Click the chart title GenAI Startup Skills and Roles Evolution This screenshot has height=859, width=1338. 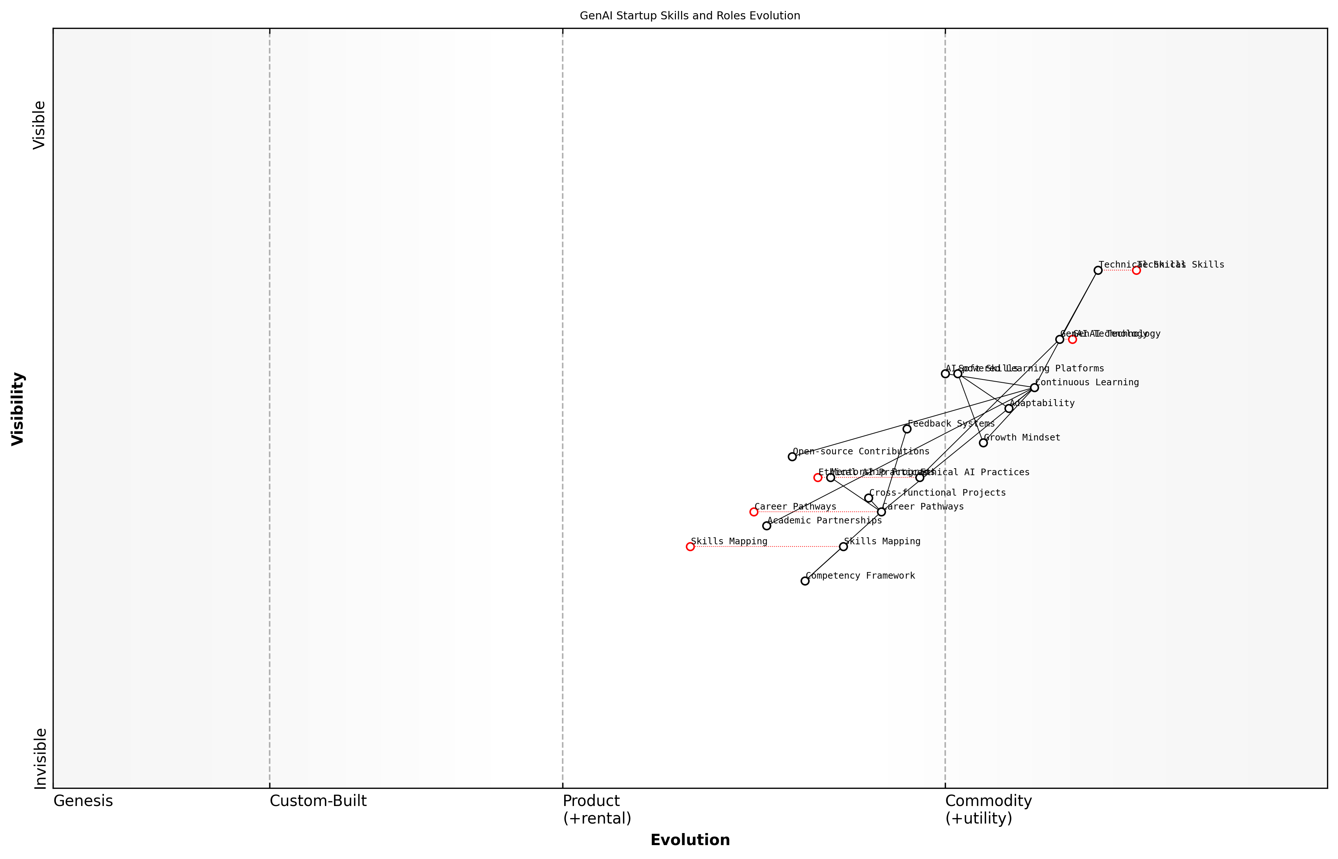pyautogui.click(x=689, y=16)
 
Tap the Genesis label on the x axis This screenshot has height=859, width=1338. pyautogui.click(x=83, y=801)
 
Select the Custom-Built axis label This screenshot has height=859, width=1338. pyautogui.click(x=318, y=801)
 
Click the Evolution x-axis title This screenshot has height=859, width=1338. pyautogui.click(x=689, y=840)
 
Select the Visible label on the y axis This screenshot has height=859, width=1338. pyautogui.click(x=39, y=125)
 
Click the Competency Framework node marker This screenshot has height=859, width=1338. pyautogui.click(x=805, y=581)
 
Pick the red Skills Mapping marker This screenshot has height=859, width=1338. pyautogui.click(x=690, y=546)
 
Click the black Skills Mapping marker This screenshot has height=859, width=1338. pyautogui.click(x=843, y=546)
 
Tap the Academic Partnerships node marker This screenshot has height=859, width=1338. pyautogui.click(x=767, y=526)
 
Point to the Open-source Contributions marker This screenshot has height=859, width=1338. pyautogui.click(x=792, y=457)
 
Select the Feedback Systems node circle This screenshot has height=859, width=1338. pyautogui.click(x=906, y=429)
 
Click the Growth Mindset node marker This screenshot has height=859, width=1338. pyautogui.click(x=983, y=443)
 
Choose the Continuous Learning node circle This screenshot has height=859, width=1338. pyautogui.click(x=1034, y=388)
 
